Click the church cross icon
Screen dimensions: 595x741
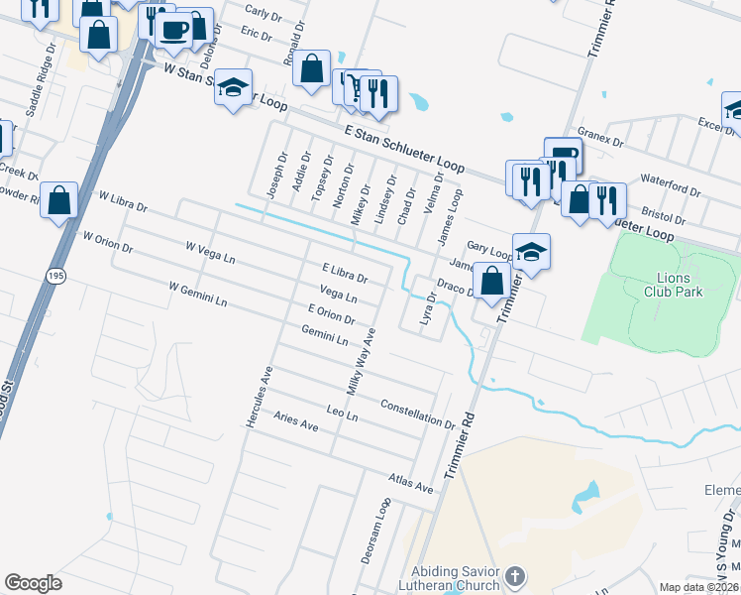tap(514, 575)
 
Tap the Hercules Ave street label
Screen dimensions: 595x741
tap(258, 397)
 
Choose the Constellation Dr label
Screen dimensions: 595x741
tap(418, 413)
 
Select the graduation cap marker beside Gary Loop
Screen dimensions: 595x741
tap(531, 251)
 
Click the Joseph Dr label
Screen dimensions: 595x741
tap(276, 175)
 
